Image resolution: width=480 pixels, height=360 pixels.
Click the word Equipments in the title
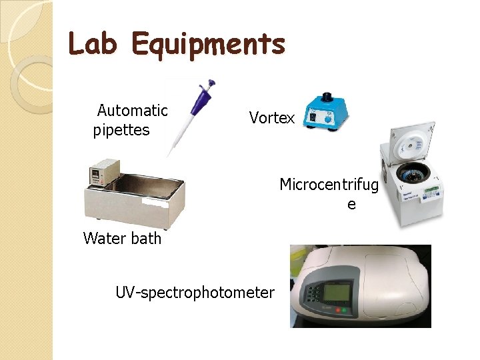(208, 45)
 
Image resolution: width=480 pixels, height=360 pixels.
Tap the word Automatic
(132, 110)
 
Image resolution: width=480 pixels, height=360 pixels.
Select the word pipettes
(121, 130)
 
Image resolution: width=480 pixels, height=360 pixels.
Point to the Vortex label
(271, 118)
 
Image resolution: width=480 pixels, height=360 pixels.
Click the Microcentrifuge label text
(329, 185)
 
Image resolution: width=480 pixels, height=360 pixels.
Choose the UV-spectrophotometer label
(195, 292)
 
